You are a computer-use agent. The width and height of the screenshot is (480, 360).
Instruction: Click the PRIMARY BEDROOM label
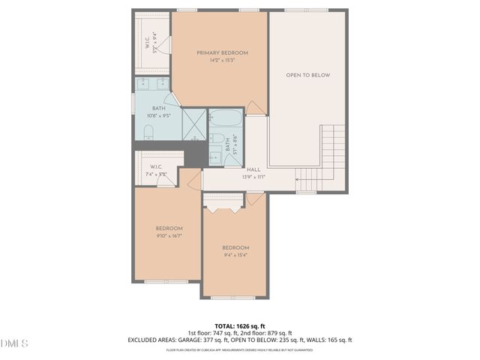222,52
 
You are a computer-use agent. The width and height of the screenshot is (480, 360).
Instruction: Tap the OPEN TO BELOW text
307,75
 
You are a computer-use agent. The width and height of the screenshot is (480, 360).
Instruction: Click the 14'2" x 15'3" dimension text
222,61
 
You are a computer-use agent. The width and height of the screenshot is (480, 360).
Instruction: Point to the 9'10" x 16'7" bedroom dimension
169,235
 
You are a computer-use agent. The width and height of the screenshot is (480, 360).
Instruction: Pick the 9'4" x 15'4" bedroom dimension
235,255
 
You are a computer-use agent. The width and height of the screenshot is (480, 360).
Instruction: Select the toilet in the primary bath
148,133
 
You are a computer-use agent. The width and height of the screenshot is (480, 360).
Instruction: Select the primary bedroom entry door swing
256,109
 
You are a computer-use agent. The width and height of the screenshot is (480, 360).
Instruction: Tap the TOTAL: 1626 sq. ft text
239,326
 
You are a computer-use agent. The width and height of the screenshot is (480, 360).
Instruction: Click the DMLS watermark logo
14,343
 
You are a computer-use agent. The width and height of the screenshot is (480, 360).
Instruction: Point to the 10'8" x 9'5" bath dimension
159,116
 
